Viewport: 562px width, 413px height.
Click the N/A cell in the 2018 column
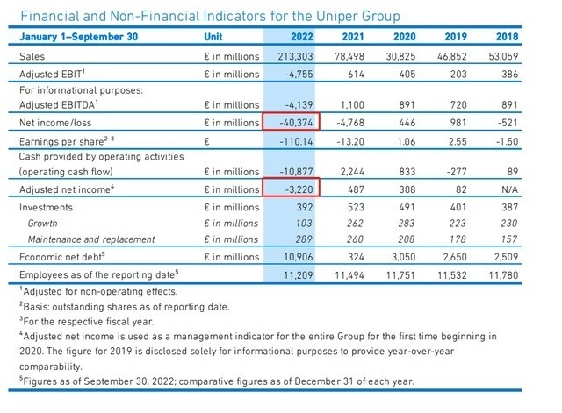coord(534,188)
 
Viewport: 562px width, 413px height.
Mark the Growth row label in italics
coord(44,223)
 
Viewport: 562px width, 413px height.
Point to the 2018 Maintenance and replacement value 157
coord(535,239)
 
